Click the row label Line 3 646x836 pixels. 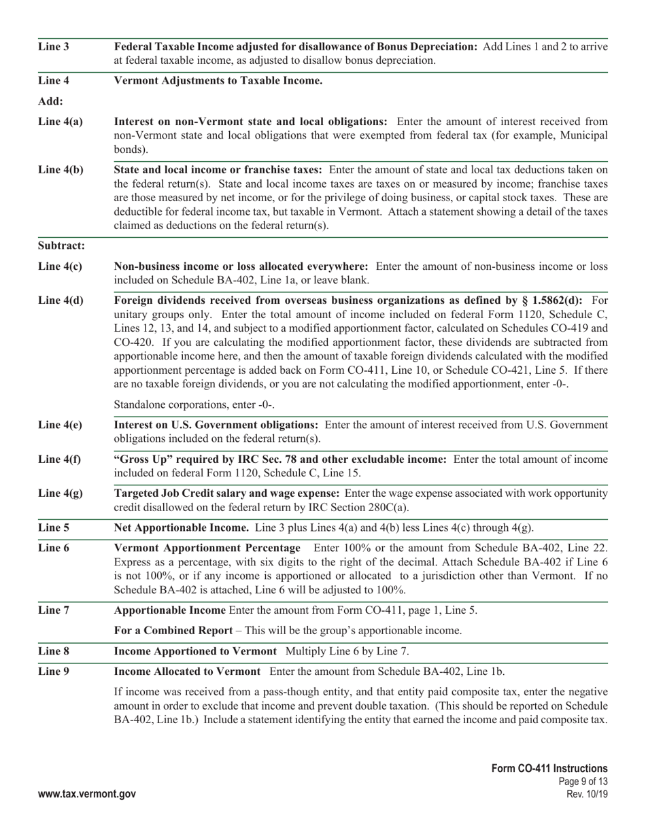[x=53, y=47]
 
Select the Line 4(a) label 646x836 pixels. [x=60, y=122]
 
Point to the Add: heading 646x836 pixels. [x=50, y=101]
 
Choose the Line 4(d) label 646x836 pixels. [x=61, y=300]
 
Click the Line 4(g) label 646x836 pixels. [x=60, y=493]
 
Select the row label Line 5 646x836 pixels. [x=53, y=528]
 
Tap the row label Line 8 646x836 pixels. [x=53, y=651]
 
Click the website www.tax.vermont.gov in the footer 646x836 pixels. [x=87, y=794]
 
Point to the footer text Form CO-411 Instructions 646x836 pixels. [x=549, y=768]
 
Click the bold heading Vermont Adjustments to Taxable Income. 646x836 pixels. [x=218, y=81]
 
